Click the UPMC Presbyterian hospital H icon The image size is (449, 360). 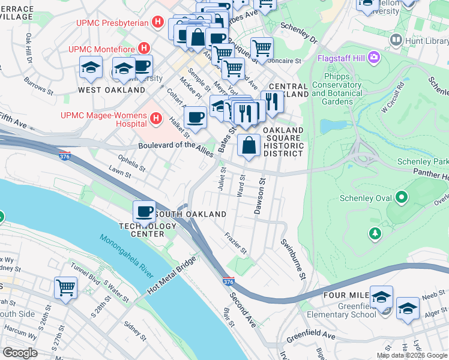[158, 23]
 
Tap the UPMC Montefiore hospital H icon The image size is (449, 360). [143, 47]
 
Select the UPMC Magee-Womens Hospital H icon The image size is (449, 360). [155, 118]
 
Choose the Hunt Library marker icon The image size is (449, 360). [396, 40]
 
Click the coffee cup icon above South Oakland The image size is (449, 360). [144, 212]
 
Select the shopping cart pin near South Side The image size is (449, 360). [65, 287]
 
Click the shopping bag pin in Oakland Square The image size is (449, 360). [249, 145]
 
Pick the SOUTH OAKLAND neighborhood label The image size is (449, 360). [190, 214]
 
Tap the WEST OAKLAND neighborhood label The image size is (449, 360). [112, 90]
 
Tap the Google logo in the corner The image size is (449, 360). [19, 353]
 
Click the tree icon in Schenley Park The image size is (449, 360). [375, 233]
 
